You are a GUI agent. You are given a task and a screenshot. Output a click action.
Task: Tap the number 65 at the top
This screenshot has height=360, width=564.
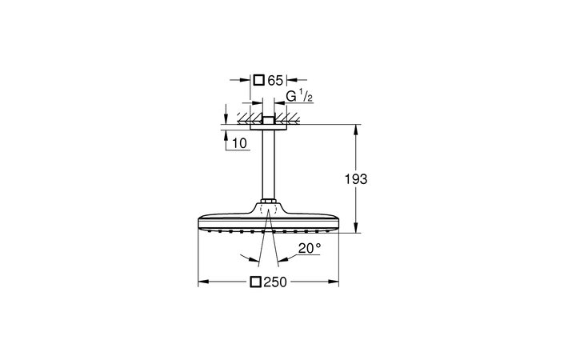pos(275,80)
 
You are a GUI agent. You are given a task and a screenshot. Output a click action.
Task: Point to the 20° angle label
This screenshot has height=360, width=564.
pos(309,249)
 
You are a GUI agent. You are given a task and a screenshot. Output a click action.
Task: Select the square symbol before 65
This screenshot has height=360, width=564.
pos(258,80)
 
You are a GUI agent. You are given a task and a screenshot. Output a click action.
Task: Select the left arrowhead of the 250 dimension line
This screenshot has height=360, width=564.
pos(202,282)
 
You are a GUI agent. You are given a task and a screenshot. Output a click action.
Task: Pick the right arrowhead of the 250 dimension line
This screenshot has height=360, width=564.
pos(337,282)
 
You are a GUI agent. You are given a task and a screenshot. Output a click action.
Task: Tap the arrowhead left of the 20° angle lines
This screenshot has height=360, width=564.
pos(256,259)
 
